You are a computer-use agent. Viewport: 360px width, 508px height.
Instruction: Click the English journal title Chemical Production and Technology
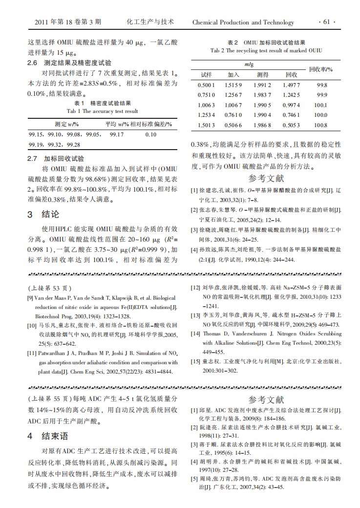(x=243, y=22)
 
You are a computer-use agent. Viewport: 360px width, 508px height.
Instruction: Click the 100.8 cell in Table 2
(x=320, y=125)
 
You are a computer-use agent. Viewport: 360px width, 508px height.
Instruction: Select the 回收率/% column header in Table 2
(x=321, y=69)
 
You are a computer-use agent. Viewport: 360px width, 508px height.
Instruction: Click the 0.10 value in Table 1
(x=151, y=134)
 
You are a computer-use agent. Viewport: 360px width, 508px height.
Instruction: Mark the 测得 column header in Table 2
(x=262, y=75)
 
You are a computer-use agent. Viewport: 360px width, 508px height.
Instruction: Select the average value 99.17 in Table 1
(x=117, y=134)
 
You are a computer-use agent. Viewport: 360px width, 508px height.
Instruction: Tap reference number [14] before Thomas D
(x=195, y=334)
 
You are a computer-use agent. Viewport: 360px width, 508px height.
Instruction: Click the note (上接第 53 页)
(x=50, y=288)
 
